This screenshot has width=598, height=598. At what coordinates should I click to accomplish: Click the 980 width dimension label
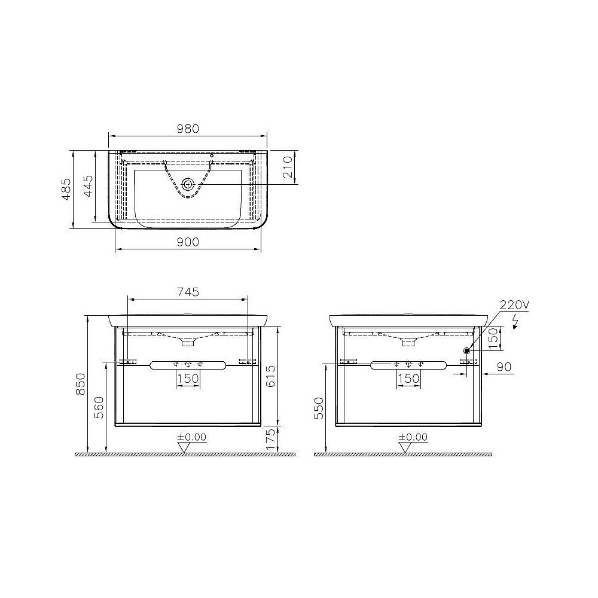(187, 129)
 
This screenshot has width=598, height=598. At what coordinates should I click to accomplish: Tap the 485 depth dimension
(66, 189)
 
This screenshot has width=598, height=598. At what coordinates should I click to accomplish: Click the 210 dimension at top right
(287, 167)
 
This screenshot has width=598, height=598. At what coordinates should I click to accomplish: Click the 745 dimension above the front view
(187, 292)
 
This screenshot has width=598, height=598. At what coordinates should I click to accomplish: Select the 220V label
(515, 305)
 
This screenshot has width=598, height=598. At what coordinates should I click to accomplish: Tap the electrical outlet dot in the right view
(466, 350)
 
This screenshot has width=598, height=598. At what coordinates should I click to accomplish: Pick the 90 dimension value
(505, 367)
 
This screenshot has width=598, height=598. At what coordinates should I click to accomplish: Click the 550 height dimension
(319, 408)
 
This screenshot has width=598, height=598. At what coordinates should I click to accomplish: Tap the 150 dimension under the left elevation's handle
(187, 378)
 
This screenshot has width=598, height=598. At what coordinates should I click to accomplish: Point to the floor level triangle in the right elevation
(405, 447)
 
